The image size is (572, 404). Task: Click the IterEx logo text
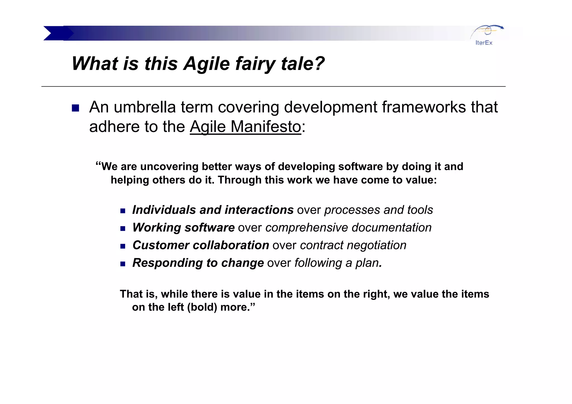(484, 43)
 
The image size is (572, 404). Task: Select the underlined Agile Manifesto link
(246, 127)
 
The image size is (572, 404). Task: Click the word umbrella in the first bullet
(145, 107)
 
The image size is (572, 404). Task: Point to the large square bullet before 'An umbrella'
(75, 108)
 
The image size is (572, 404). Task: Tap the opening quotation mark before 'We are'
(98, 164)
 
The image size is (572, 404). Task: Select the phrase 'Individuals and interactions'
(213, 210)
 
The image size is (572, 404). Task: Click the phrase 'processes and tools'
(378, 210)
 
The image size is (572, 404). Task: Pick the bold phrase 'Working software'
(183, 228)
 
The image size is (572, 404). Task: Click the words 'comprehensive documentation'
(348, 228)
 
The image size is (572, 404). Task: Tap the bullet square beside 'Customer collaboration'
(123, 246)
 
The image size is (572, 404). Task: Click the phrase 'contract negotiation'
(353, 245)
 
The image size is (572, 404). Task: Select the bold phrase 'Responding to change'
(198, 263)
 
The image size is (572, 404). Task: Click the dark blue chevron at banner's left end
(56, 33)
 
